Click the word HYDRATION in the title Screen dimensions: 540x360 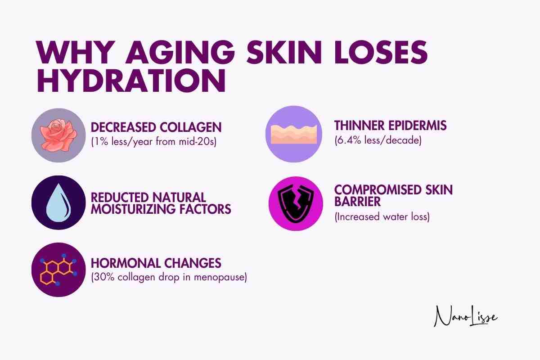point(131,81)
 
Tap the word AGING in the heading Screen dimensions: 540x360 point(180,53)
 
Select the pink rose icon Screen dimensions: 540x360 point(58,135)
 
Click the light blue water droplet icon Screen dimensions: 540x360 point(58,202)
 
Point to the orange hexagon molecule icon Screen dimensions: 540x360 point(58,270)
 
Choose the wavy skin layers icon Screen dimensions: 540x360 point(293,134)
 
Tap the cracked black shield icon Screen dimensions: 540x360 point(296,204)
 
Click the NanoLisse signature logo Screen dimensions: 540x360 point(465,316)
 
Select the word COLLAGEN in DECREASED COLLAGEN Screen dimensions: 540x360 point(190,127)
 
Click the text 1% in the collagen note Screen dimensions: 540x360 point(100,142)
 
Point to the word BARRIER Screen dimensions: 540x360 point(357,202)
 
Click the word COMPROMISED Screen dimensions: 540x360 point(378,190)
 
